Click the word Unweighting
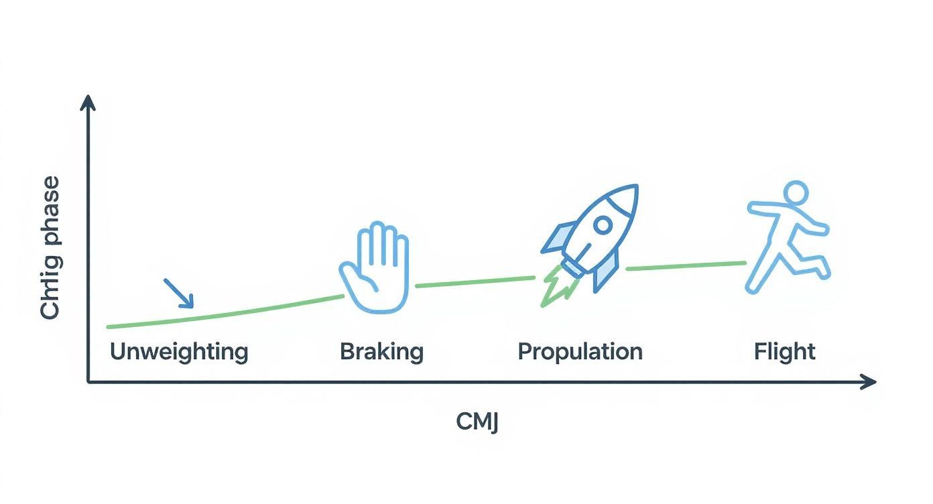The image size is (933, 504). (x=178, y=352)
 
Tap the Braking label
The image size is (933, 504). (x=381, y=352)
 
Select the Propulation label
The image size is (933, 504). (x=580, y=352)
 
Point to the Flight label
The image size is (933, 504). (x=784, y=352)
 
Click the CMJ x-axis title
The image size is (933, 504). (x=477, y=422)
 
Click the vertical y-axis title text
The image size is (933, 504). (x=50, y=248)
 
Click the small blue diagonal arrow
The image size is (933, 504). (x=179, y=293)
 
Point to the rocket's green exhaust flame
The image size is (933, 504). (x=556, y=287)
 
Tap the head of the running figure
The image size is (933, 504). (x=796, y=193)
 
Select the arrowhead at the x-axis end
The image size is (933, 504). (x=869, y=381)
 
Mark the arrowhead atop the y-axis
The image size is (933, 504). (x=88, y=102)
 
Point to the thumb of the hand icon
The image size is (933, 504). (x=349, y=276)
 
